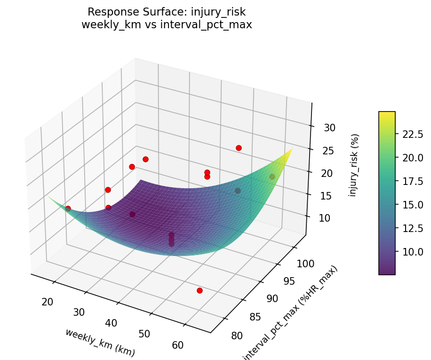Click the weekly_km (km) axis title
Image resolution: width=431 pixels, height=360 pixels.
(100, 342)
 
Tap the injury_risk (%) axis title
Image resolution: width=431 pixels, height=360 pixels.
(354, 165)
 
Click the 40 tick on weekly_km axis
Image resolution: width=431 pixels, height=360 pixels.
(112, 323)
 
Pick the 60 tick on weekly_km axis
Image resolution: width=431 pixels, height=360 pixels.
(178, 345)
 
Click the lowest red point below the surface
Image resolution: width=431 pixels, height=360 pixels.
(200, 290)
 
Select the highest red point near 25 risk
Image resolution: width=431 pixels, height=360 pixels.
(239, 148)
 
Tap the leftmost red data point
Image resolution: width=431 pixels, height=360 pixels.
(68, 208)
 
